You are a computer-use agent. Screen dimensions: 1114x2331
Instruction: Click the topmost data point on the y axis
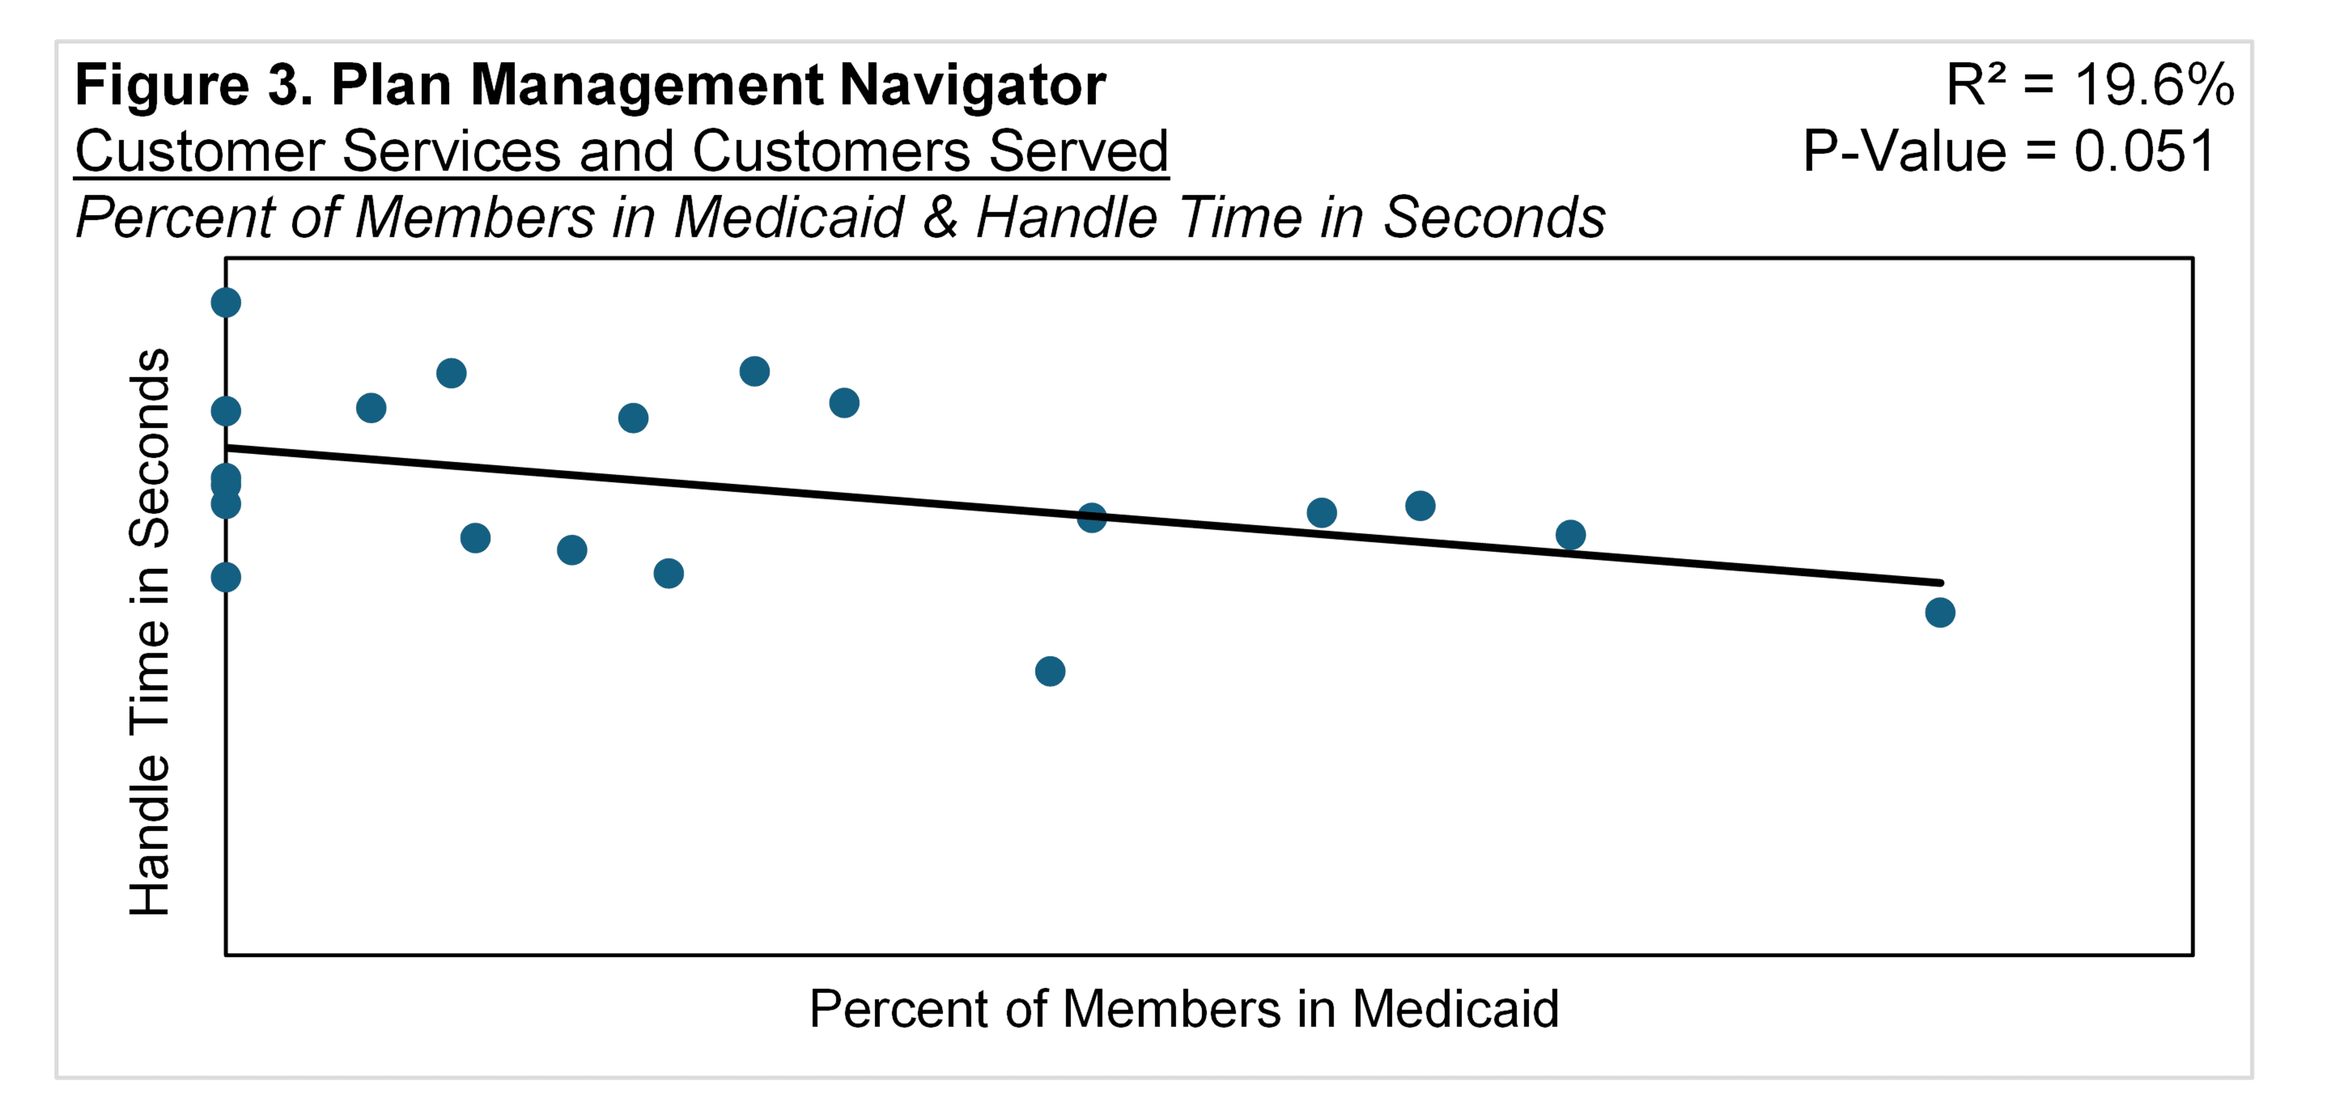[226, 302]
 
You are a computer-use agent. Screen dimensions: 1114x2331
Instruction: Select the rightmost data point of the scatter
[1940, 613]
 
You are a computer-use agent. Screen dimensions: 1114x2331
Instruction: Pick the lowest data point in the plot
[1050, 671]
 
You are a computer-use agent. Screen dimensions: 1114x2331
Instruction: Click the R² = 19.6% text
[2090, 86]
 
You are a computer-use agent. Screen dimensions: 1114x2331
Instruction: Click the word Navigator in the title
[972, 86]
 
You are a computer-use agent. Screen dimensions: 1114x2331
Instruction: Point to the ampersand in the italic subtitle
[941, 218]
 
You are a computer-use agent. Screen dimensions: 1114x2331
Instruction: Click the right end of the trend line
[1939, 583]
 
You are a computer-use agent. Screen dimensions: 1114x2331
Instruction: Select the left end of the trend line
[229, 448]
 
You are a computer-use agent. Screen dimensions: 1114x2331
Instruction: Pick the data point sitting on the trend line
[1092, 518]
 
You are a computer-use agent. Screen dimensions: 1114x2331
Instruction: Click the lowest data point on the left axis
[226, 577]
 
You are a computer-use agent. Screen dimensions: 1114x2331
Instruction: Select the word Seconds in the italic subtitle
[1494, 218]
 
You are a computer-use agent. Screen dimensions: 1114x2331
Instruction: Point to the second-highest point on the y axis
[226, 411]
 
